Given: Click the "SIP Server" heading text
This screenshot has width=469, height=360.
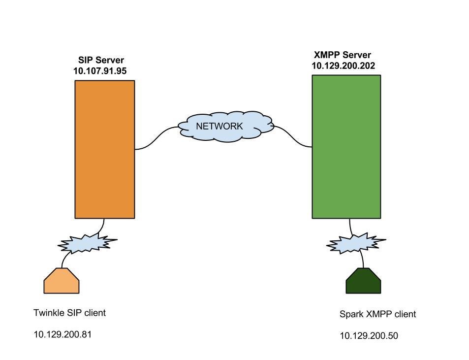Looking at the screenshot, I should pos(101,60).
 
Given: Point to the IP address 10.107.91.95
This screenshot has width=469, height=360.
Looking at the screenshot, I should pos(100,71).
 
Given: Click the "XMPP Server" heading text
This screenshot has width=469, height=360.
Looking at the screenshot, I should pos(343,55).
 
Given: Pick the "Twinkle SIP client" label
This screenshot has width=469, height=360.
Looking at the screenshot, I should pos(69,313).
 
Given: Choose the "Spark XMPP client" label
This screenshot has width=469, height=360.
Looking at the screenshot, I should pos(377,314).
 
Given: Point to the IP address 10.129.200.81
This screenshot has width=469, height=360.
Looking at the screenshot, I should pos(63,334).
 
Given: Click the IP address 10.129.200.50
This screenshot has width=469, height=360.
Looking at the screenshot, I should pos(369,336).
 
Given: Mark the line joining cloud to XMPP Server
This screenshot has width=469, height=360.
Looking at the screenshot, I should pos(293,136).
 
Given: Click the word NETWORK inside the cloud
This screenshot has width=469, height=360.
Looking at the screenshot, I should pos(219,126).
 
